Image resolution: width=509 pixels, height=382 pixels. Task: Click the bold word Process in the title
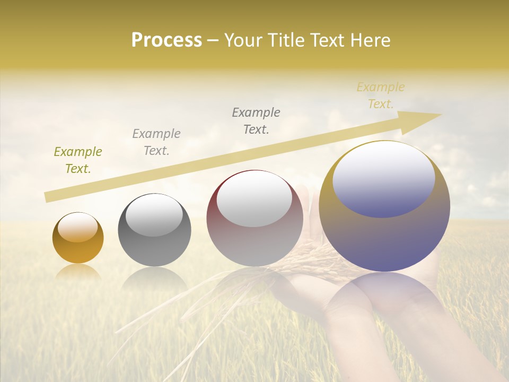coord(166,40)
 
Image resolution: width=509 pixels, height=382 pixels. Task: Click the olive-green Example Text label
coord(77,160)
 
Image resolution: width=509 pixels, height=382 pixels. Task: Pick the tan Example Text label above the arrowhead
coord(380,95)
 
